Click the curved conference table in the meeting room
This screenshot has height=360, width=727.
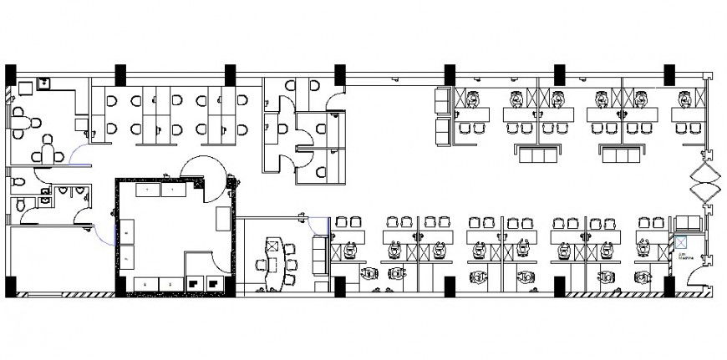[275, 256]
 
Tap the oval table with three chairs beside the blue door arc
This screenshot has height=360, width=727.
[48, 154]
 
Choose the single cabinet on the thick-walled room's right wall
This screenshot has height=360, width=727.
[222, 219]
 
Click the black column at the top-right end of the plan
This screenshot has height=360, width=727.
[669, 74]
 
